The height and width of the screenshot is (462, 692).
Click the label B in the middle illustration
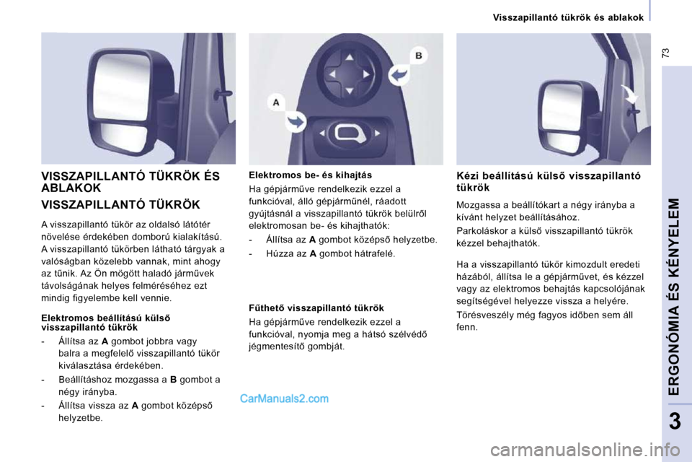click(x=417, y=54)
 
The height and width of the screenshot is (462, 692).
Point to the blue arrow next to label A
click(x=296, y=121)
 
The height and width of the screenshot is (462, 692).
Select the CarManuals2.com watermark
click(x=284, y=398)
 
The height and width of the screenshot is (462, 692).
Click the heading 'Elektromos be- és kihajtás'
click(x=310, y=175)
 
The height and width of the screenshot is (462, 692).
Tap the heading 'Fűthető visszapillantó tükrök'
click(x=316, y=308)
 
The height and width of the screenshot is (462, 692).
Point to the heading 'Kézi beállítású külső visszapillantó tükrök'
click(x=549, y=181)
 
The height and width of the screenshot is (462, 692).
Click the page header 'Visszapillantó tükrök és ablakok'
click(x=568, y=17)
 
